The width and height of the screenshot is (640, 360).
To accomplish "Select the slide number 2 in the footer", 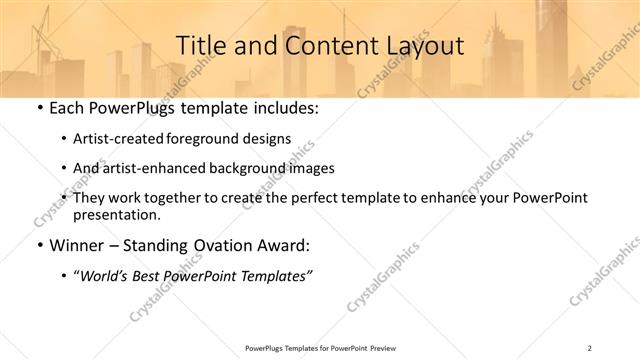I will click(x=590, y=347).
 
